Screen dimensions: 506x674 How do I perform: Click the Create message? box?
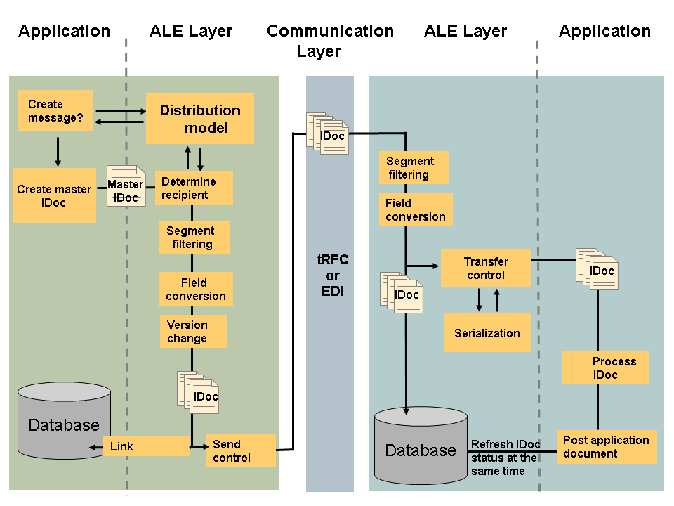[55, 110]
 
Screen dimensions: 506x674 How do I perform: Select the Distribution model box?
[199, 119]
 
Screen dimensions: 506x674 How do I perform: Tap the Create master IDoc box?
[54, 195]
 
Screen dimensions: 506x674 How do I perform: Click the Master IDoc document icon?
[126, 186]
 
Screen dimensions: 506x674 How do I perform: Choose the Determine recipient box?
[193, 188]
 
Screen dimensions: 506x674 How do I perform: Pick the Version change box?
[192, 331]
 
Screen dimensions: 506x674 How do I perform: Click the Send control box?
[240, 450]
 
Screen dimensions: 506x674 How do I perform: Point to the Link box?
[146, 446]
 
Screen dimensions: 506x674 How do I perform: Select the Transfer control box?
[486, 268]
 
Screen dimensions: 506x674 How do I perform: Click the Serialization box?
[487, 333]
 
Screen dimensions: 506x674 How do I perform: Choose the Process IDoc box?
[604, 368]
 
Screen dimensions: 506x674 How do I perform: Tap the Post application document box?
[607, 447]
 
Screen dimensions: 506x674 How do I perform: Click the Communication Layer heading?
[330, 41]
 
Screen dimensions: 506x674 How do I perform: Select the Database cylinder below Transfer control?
[421, 446]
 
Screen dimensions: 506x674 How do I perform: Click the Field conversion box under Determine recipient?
[196, 290]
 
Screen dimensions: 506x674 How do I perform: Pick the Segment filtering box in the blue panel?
[414, 168]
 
